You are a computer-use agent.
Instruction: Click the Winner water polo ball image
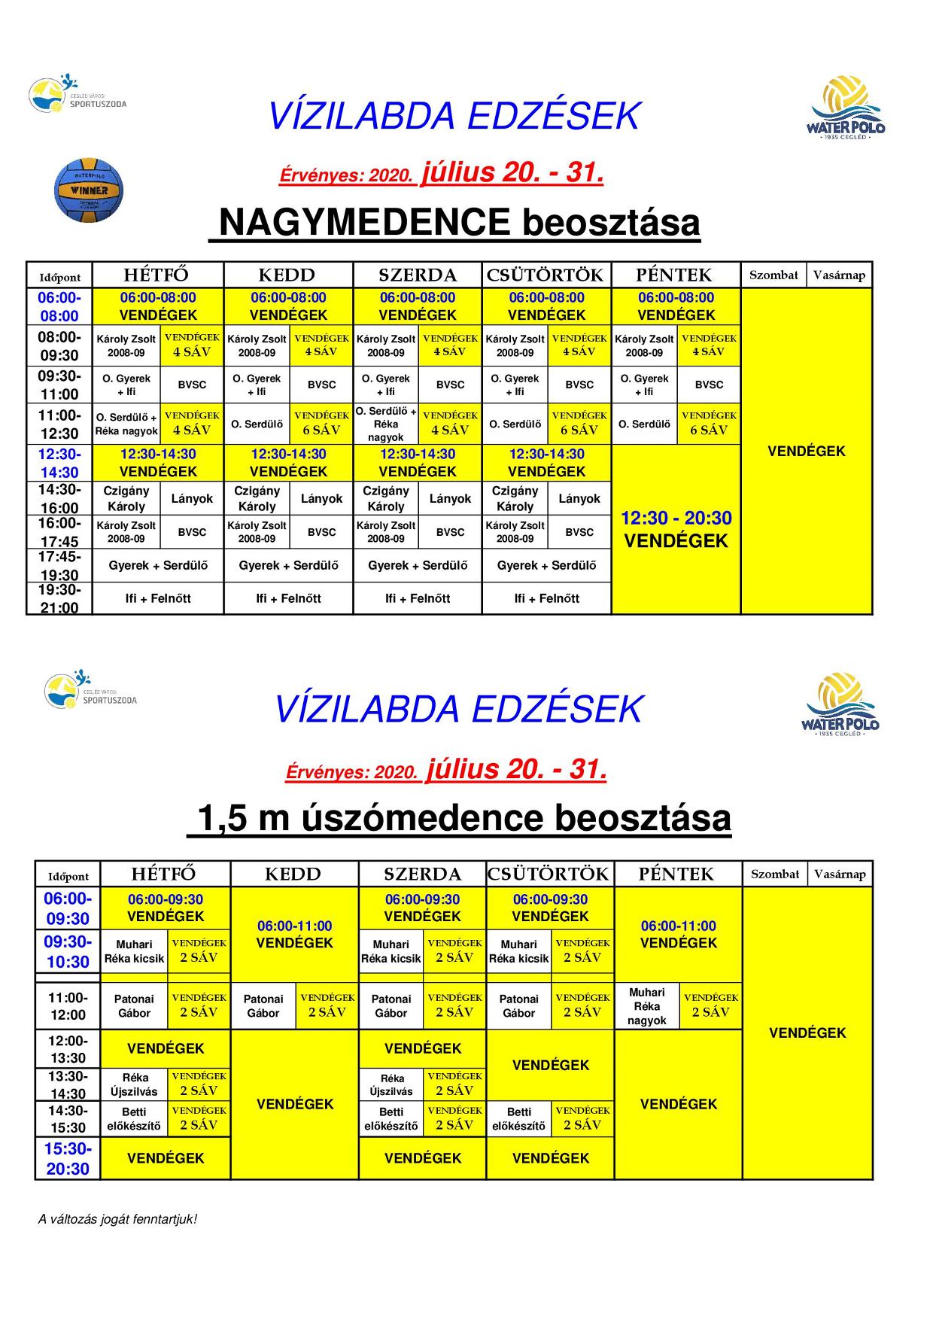tap(89, 189)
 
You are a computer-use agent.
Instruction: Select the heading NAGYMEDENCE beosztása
tap(454, 223)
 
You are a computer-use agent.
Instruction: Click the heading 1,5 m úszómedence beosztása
tap(459, 818)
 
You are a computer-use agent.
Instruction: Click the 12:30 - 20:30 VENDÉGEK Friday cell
tap(676, 529)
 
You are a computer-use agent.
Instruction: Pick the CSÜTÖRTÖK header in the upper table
tap(546, 275)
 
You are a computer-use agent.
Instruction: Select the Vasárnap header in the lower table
tap(840, 874)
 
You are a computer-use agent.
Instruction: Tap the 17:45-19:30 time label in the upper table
tap(59, 566)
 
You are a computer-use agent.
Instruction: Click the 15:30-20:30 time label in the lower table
tap(68, 1159)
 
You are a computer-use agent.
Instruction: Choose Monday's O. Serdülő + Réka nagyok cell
tap(126, 424)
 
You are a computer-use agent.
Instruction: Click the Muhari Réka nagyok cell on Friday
tap(647, 1006)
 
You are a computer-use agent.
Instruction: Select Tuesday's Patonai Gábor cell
tap(263, 1006)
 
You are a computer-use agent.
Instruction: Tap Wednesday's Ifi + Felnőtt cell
tap(418, 599)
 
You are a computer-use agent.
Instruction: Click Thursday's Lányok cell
tap(579, 499)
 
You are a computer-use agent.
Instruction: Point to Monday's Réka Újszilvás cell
tap(135, 1084)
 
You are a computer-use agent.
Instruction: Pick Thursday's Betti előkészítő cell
tap(519, 1119)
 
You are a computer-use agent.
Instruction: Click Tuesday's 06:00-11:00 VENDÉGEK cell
tap(294, 935)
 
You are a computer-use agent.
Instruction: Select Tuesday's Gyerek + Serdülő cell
tap(288, 566)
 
